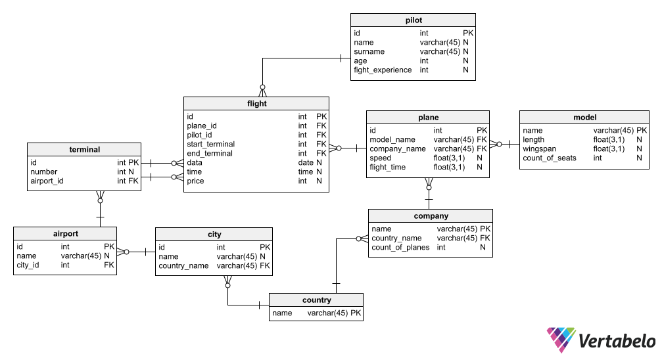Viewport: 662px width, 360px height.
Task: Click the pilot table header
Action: coord(414,20)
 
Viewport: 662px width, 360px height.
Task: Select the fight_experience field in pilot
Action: coord(383,70)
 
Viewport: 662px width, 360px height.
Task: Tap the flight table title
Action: coord(256,104)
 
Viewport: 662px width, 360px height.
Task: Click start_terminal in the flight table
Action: coord(211,144)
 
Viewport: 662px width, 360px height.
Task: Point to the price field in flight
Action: coord(195,181)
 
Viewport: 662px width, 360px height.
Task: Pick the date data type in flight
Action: coord(306,162)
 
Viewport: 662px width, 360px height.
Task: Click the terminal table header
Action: coord(84,149)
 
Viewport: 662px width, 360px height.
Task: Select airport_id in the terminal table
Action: coord(47,181)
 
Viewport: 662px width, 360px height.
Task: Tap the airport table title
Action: coord(65,233)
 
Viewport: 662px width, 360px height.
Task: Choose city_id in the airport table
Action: coord(28,265)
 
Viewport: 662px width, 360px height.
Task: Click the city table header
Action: coord(214,235)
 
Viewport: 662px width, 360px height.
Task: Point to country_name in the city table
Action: coord(184,266)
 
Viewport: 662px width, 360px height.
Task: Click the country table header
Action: coord(316,300)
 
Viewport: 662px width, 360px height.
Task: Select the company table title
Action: coord(431,216)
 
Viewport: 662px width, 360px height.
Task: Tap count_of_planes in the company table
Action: coord(400,248)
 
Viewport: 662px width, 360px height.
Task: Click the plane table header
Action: coord(428,118)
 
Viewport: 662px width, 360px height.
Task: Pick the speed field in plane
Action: coord(380,158)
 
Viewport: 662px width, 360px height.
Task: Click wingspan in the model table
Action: coord(539,149)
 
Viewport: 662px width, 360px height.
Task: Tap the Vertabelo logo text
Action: coord(617,341)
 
